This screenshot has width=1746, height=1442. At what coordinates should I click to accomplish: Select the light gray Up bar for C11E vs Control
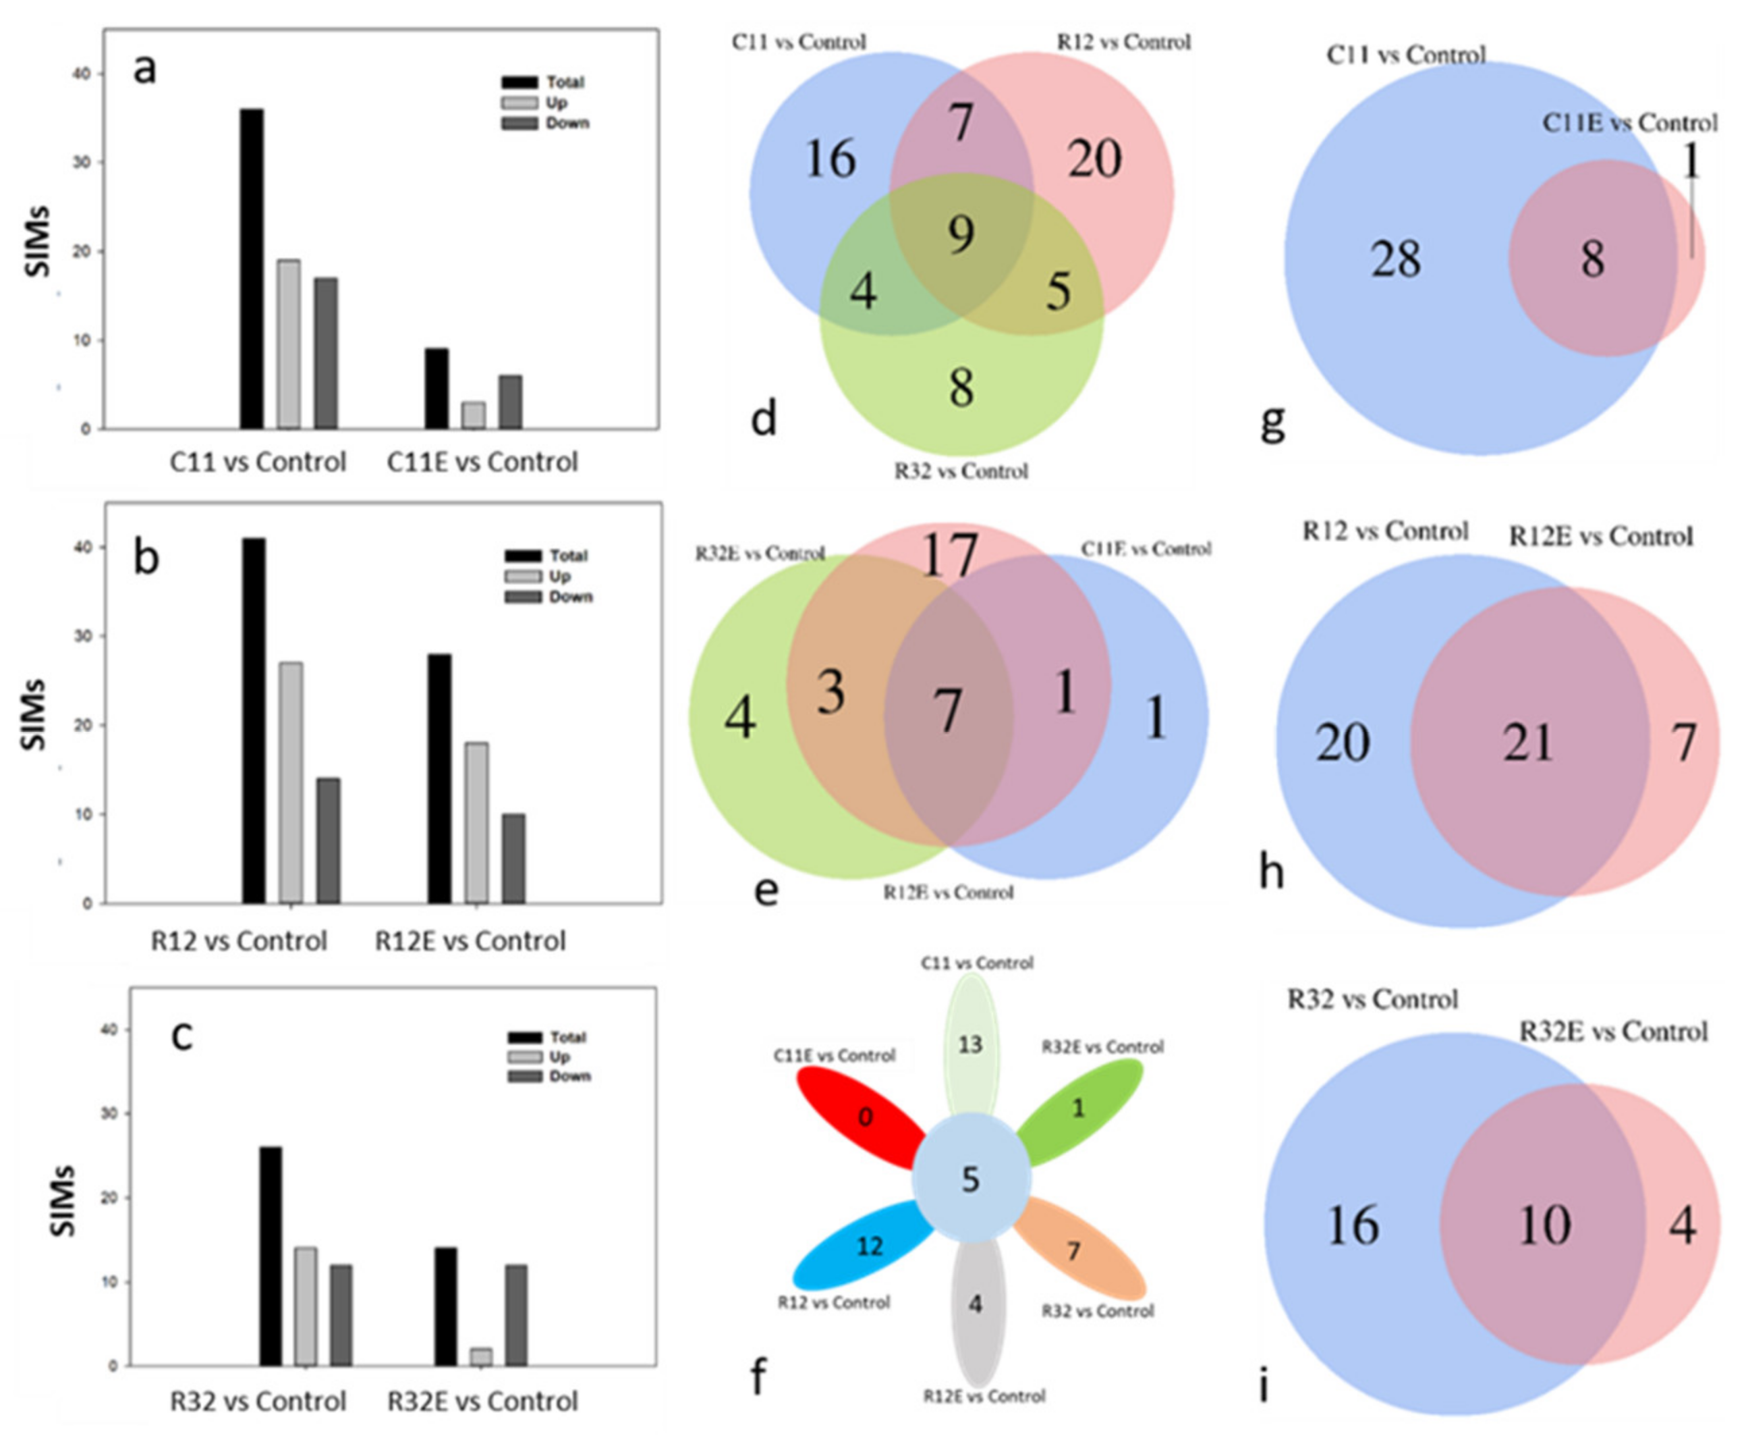(473, 415)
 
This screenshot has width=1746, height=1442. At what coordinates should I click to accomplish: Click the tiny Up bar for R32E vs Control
(481, 1356)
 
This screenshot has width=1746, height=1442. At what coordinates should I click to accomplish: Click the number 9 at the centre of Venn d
(961, 235)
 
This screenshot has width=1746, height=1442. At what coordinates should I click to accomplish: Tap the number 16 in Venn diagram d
(830, 159)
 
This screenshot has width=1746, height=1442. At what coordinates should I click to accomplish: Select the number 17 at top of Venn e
(949, 555)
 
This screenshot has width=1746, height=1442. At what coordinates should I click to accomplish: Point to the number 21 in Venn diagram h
(1527, 742)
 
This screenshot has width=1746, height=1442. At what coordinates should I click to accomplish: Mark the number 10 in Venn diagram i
(1544, 1225)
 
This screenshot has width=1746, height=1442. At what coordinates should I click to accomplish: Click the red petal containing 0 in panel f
(864, 1117)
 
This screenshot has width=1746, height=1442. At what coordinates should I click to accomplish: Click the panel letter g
(1272, 423)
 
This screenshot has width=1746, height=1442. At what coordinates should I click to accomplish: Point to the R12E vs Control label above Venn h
(1600, 537)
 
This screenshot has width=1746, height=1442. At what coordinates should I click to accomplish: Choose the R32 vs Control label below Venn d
(961, 471)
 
